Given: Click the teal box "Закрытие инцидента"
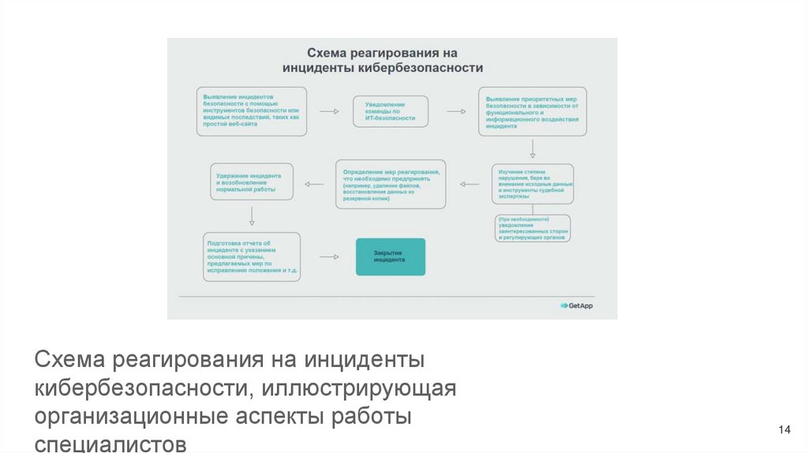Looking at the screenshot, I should click(390, 256).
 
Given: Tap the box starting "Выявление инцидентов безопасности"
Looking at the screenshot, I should click(251, 111).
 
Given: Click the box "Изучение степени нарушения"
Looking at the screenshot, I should click(533, 184).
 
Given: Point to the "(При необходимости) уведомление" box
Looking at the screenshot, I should click(533, 228).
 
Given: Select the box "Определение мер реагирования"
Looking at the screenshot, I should click(390, 184).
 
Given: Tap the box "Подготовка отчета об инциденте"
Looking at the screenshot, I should click(251, 256).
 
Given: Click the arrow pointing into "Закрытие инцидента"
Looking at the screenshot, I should click(329, 256).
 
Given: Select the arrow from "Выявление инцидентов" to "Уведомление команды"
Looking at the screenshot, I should click(329, 111).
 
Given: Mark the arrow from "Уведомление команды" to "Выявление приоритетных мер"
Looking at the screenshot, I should click(455, 111).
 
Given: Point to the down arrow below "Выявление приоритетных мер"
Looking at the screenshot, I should click(533, 148).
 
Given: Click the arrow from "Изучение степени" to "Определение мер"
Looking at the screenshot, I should click(469, 185).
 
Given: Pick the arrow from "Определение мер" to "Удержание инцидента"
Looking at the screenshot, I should click(314, 185).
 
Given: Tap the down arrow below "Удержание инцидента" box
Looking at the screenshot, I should click(251, 215).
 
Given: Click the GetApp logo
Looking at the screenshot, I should click(576, 305).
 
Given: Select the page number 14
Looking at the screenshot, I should click(784, 429).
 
